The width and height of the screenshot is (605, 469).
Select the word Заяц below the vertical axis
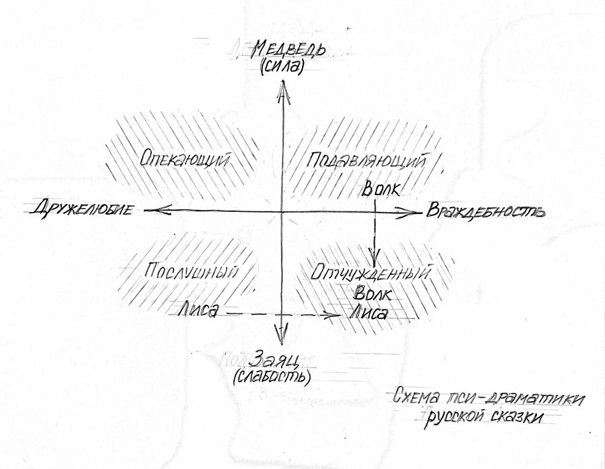pyautogui.click(x=274, y=361)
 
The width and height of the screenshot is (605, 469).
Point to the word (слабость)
pyautogui.click(x=272, y=377)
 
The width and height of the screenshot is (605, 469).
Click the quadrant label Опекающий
pyautogui.click(x=184, y=159)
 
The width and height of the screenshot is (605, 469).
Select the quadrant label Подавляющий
pyautogui.click(x=367, y=160)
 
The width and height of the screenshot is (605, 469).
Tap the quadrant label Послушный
pyautogui.click(x=191, y=272)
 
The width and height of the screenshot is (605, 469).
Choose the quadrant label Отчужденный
pyautogui.click(x=371, y=273)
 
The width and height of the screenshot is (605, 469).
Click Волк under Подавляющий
pyautogui.click(x=381, y=189)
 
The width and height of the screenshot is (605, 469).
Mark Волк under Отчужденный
pyautogui.click(x=372, y=293)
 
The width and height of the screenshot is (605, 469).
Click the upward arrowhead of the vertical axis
pyautogui.click(x=284, y=92)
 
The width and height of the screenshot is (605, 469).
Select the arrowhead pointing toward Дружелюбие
pyautogui.click(x=157, y=210)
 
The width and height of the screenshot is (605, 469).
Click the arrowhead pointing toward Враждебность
pyautogui.click(x=406, y=212)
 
